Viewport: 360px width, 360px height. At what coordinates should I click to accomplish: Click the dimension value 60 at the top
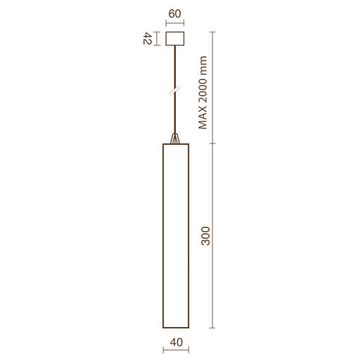(175, 14)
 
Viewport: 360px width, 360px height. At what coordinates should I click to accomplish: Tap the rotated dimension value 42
(148, 39)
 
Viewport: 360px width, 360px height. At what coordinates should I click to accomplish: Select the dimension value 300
(205, 236)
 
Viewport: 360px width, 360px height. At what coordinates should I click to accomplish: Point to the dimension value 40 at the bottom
(176, 342)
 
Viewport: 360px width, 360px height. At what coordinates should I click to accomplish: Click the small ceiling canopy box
(175, 39)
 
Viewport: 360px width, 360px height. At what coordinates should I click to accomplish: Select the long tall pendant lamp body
(176, 236)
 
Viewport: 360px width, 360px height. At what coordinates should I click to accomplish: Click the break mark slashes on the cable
(175, 91)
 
